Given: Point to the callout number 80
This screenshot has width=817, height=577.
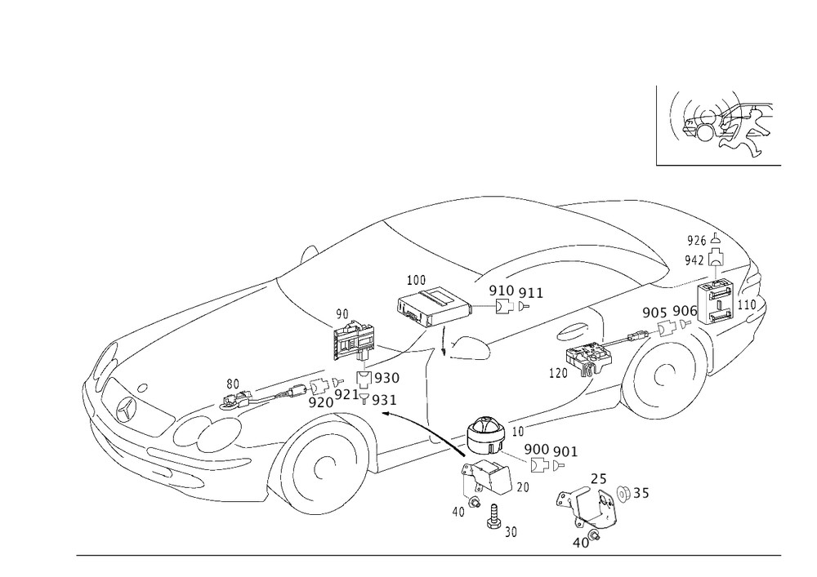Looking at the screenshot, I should [234, 383].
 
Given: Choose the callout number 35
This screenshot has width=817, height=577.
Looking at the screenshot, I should [641, 492].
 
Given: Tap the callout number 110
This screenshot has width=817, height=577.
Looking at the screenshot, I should [747, 304].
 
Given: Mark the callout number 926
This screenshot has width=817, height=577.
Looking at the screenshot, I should [696, 240].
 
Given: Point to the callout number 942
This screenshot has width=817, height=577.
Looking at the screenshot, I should [696, 260].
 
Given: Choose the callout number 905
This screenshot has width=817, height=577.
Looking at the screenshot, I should [654, 312].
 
